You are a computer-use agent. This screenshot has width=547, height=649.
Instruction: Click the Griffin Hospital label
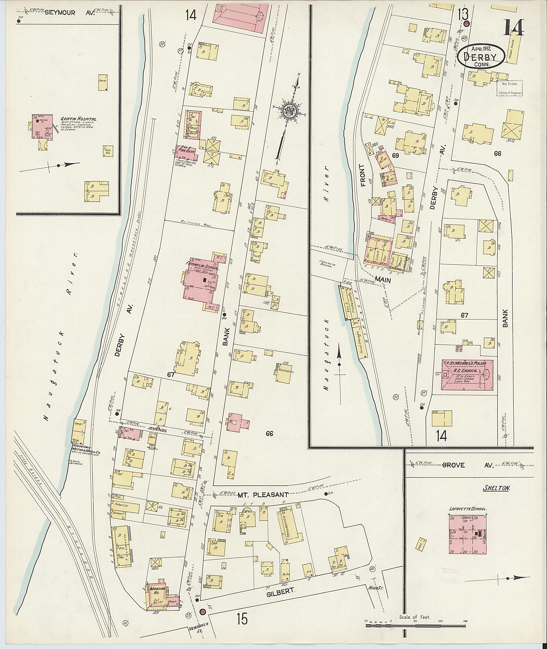79,119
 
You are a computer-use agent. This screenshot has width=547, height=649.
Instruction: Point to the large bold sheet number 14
513,28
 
